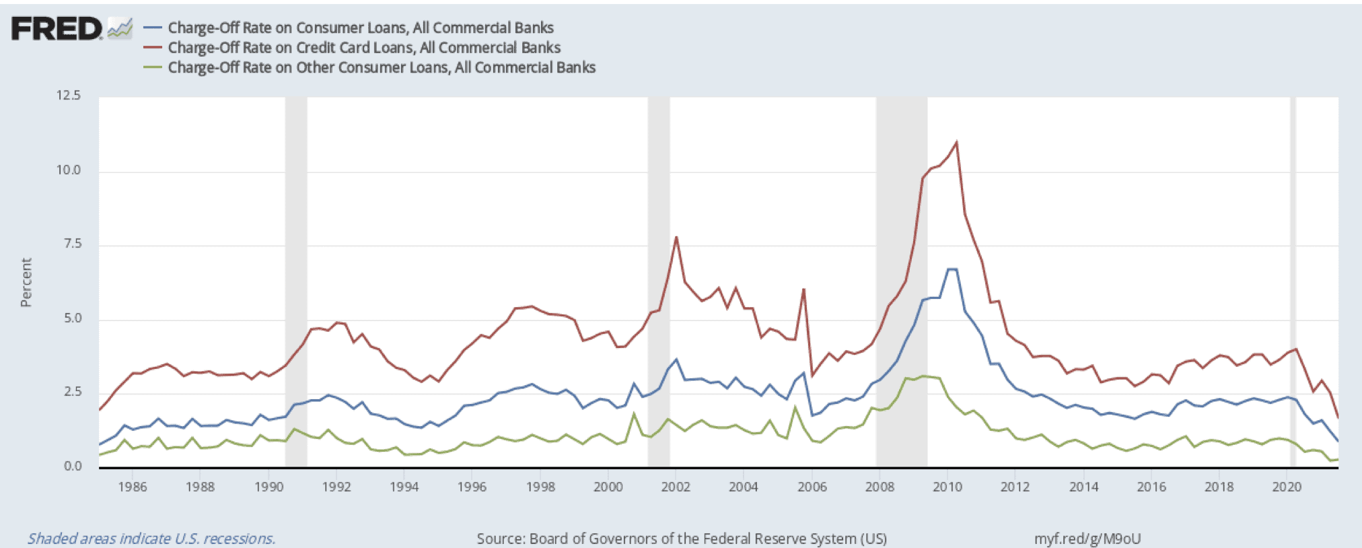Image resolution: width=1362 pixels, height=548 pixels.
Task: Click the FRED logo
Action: point(57,29)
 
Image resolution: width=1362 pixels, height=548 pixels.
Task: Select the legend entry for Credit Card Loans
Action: point(363,48)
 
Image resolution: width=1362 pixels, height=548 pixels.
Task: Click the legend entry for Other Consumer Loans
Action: point(381,67)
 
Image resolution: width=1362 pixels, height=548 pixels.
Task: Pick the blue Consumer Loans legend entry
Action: point(360,28)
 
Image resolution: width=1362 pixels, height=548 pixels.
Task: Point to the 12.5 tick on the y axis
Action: point(68,96)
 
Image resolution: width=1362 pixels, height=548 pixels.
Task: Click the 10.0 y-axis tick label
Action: point(68,170)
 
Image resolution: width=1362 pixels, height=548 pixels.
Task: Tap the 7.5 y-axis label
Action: point(72,244)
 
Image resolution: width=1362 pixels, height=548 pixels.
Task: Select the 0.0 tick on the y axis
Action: point(72,466)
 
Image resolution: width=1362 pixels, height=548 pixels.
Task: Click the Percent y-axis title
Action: point(26,283)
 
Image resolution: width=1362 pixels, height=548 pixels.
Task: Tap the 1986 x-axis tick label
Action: point(132,487)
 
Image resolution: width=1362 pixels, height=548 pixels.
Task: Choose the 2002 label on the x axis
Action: point(675,487)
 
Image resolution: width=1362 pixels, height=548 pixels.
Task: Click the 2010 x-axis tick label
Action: point(947,487)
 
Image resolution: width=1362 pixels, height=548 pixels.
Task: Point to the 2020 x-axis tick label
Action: point(1286,487)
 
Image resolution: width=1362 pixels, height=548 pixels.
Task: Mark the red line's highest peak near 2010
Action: point(956,142)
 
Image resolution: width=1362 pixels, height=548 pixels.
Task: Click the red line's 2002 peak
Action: point(676,237)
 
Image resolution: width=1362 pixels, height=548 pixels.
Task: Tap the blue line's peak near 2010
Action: point(952,269)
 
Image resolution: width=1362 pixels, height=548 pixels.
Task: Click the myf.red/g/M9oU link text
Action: point(1087,539)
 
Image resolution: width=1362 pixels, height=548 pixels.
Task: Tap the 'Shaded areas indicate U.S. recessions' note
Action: point(151,539)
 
